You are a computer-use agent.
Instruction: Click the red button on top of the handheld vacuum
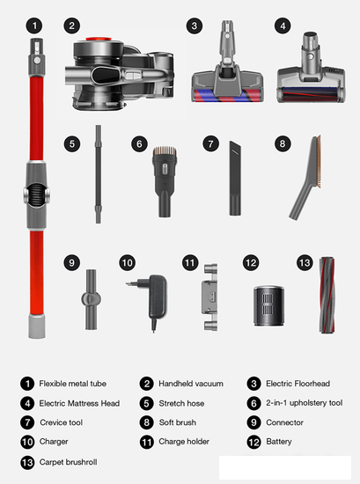[x=99, y=40]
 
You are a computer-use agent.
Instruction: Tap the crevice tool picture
[x=235, y=178]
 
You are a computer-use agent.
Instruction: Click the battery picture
[x=268, y=305]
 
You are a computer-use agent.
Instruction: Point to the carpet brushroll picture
[x=327, y=295]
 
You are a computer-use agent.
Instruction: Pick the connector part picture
[x=91, y=299]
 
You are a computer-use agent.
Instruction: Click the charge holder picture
[x=209, y=297]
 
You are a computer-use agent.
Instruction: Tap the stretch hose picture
[x=99, y=174]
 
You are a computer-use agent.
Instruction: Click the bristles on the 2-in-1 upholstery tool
[x=165, y=151]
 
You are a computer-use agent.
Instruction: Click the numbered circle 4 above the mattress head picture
[x=283, y=26]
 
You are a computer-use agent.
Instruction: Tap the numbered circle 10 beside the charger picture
[x=128, y=263]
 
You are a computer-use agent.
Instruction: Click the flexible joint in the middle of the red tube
[x=36, y=195]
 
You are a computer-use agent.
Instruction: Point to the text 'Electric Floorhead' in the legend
[x=298, y=384]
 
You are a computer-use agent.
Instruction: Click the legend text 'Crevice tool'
[x=61, y=422]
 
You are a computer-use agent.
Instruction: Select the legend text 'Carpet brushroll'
[x=69, y=462]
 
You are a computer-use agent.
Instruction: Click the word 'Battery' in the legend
[x=279, y=442]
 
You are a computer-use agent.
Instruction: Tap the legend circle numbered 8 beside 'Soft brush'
[x=147, y=422]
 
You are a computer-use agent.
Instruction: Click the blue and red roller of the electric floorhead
[x=227, y=95]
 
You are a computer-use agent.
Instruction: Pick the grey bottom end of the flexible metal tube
[x=37, y=326]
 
